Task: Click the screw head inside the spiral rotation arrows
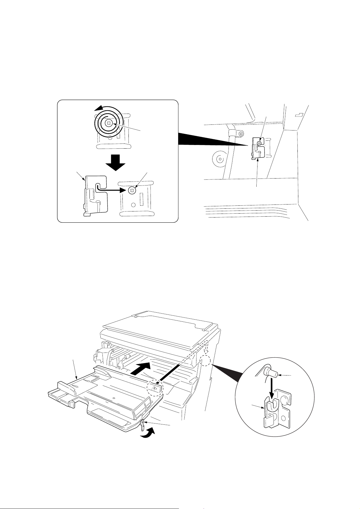click(109, 123)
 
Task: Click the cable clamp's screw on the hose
click(241, 134)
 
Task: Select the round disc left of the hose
click(220, 158)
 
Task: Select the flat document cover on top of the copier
click(160, 323)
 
